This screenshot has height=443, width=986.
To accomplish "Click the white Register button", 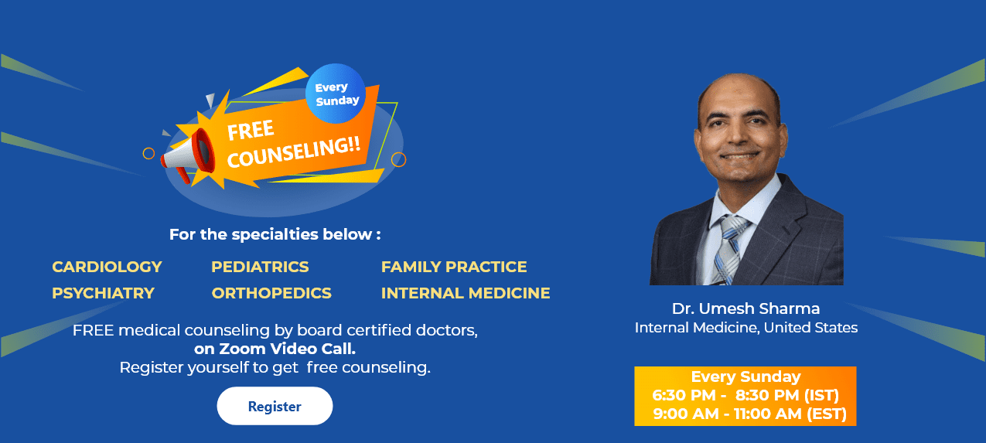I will click(x=275, y=406).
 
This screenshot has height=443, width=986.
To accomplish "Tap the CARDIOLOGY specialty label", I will click(x=107, y=267).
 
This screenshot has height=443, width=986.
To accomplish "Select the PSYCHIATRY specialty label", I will click(x=103, y=293).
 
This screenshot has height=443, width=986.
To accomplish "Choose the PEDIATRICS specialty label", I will click(x=260, y=267).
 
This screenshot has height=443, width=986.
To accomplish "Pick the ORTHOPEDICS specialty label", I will click(x=271, y=293).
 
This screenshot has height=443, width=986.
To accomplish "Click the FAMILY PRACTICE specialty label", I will click(x=454, y=267).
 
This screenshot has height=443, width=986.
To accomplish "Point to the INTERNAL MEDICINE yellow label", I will click(x=466, y=293).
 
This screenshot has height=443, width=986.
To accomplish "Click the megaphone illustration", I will click(x=186, y=155).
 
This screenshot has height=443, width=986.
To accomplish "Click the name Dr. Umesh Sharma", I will click(x=745, y=308).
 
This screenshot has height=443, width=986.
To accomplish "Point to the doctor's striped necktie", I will click(x=728, y=248).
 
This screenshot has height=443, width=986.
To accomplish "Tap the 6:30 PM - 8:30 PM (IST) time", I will click(x=745, y=395).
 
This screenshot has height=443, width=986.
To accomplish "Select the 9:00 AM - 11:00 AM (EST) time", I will click(x=749, y=414).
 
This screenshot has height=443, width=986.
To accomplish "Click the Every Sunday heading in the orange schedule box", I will click(x=745, y=377).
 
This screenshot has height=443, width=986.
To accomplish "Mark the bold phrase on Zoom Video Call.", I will click(x=275, y=349).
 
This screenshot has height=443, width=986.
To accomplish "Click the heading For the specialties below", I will click(x=275, y=234).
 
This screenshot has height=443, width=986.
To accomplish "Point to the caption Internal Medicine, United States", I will click(x=745, y=328).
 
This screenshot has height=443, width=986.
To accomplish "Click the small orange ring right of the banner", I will click(x=399, y=159).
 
